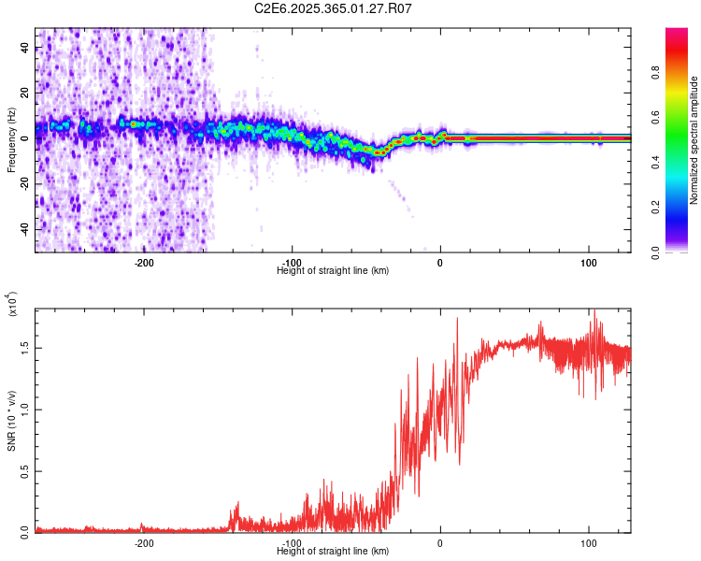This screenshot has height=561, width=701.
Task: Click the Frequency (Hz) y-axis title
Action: click(11, 140)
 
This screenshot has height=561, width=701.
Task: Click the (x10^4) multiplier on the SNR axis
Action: click(12, 305)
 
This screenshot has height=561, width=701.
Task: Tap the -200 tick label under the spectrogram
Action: click(144, 263)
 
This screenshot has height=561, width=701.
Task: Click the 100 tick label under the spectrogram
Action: click(589, 263)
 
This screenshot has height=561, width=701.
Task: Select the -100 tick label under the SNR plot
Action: click(292, 542)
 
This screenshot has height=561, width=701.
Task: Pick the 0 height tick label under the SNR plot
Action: click(440, 542)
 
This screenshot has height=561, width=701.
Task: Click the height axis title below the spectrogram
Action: click(333, 271)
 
